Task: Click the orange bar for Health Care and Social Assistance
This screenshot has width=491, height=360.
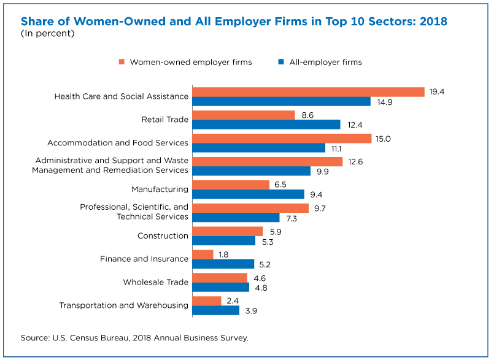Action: [x=309, y=92]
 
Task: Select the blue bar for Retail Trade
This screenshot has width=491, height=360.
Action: [x=266, y=124]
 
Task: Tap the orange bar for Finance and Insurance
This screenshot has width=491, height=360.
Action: [x=203, y=255]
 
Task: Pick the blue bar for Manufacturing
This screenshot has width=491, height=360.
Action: [x=249, y=194]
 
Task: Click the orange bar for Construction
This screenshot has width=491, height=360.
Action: [x=228, y=231]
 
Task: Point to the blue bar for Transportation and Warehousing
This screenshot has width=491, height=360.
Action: [x=216, y=310]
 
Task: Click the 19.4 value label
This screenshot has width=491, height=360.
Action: [x=437, y=91]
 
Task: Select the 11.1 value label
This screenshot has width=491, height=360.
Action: [x=336, y=149]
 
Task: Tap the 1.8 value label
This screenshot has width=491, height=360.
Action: [x=223, y=255]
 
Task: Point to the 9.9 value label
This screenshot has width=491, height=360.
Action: [x=323, y=172]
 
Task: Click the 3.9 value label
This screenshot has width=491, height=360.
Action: [x=251, y=311]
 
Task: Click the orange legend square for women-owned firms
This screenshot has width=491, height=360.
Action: [x=122, y=61]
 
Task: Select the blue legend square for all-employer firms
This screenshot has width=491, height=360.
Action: [x=281, y=61]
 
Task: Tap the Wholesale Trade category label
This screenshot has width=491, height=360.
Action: [x=156, y=282]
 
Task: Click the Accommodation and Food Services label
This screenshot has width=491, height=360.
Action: [x=118, y=143]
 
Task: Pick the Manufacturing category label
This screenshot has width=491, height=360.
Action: [x=160, y=190]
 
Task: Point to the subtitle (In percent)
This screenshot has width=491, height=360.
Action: [x=48, y=33]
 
